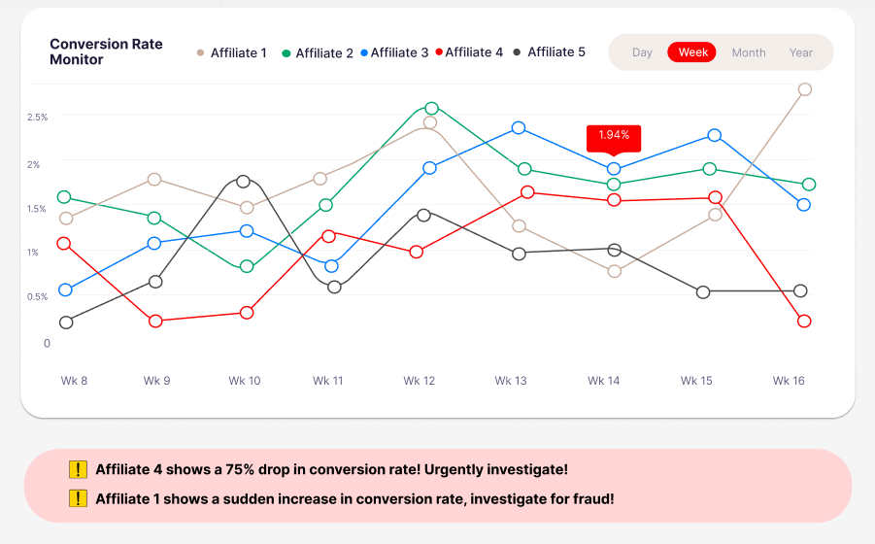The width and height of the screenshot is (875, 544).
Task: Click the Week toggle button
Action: tap(692, 52)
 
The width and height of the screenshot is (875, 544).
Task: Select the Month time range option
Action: tap(749, 52)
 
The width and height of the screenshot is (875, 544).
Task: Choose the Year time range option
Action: tap(801, 52)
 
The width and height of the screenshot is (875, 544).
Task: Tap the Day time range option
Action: tap(642, 52)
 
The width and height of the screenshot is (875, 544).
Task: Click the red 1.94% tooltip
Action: tap(614, 135)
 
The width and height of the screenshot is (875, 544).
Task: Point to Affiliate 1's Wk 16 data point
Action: tap(804, 89)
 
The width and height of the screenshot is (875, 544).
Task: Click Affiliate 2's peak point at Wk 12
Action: tap(431, 108)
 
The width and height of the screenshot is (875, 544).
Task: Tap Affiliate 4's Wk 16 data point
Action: tap(804, 321)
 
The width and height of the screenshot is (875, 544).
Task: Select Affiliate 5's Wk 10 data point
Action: tap(244, 181)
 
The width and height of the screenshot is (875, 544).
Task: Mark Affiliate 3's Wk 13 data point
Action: tap(519, 127)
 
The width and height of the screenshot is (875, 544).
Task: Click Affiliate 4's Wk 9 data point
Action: tap(155, 321)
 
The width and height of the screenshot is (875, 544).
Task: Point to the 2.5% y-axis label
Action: tap(37, 118)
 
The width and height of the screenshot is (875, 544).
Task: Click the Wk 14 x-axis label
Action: tap(603, 381)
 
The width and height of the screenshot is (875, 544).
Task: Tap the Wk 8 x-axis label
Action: tap(74, 381)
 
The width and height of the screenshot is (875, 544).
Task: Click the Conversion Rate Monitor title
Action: tap(106, 51)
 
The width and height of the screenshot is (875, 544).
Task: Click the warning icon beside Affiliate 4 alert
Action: tap(79, 469)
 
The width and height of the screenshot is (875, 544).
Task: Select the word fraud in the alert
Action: tap(591, 498)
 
